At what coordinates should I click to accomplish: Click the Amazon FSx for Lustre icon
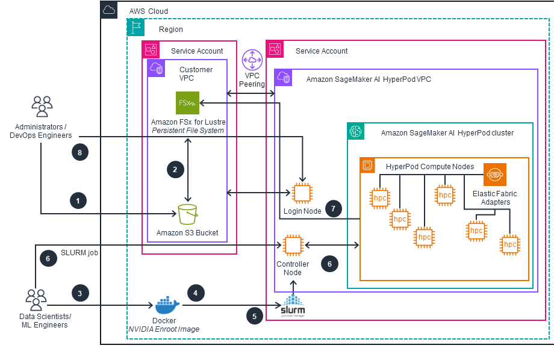(x=188, y=103)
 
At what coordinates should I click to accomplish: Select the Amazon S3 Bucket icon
(x=187, y=214)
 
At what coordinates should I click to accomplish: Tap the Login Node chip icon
(x=301, y=193)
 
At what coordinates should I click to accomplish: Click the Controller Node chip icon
(x=293, y=245)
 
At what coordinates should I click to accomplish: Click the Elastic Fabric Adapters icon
(x=495, y=175)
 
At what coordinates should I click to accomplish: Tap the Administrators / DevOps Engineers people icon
(x=42, y=107)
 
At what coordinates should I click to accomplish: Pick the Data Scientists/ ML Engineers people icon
(x=36, y=299)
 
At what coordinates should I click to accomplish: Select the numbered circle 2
(x=175, y=170)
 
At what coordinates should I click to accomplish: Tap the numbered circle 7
(x=333, y=208)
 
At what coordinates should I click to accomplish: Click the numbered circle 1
(x=78, y=200)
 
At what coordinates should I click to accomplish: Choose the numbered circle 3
(x=80, y=293)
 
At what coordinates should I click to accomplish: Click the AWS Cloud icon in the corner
(x=109, y=10)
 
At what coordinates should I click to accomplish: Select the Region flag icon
(x=136, y=26)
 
